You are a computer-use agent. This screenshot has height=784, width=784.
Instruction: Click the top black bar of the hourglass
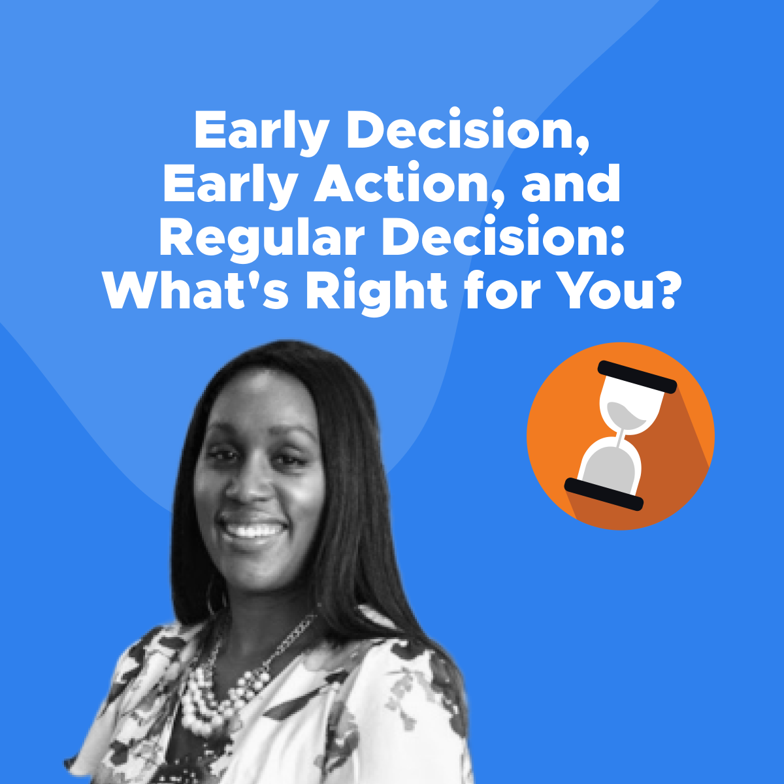point(636,376)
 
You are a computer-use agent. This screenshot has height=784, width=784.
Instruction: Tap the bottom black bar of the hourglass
point(604,494)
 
